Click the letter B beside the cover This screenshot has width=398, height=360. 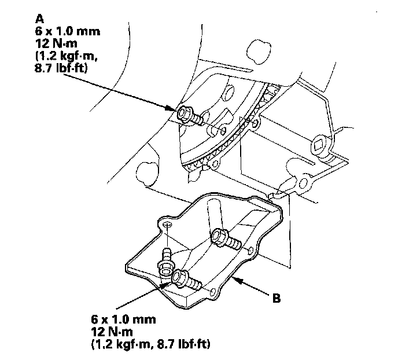(x=277, y=299)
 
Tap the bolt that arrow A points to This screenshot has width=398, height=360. (x=189, y=115)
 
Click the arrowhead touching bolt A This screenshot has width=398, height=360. (x=172, y=108)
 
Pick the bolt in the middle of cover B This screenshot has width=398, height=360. (x=223, y=237)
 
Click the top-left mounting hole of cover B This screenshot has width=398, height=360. (x=167, y=223)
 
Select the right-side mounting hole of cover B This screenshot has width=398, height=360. (x=251, y=251)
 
